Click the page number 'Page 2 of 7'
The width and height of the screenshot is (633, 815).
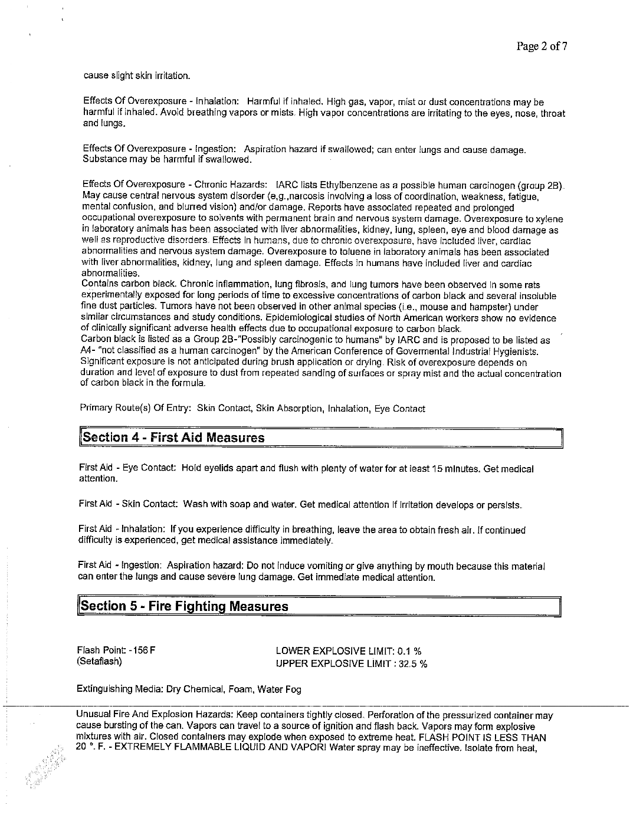tap(542, 47)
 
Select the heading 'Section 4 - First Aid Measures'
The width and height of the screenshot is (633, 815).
tap(173, 438)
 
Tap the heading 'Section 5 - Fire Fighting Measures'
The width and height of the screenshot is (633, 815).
tap(185, 606)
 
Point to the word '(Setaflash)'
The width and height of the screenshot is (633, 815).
tap(99, 662)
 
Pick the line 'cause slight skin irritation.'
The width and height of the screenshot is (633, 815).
tap(137, 76)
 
